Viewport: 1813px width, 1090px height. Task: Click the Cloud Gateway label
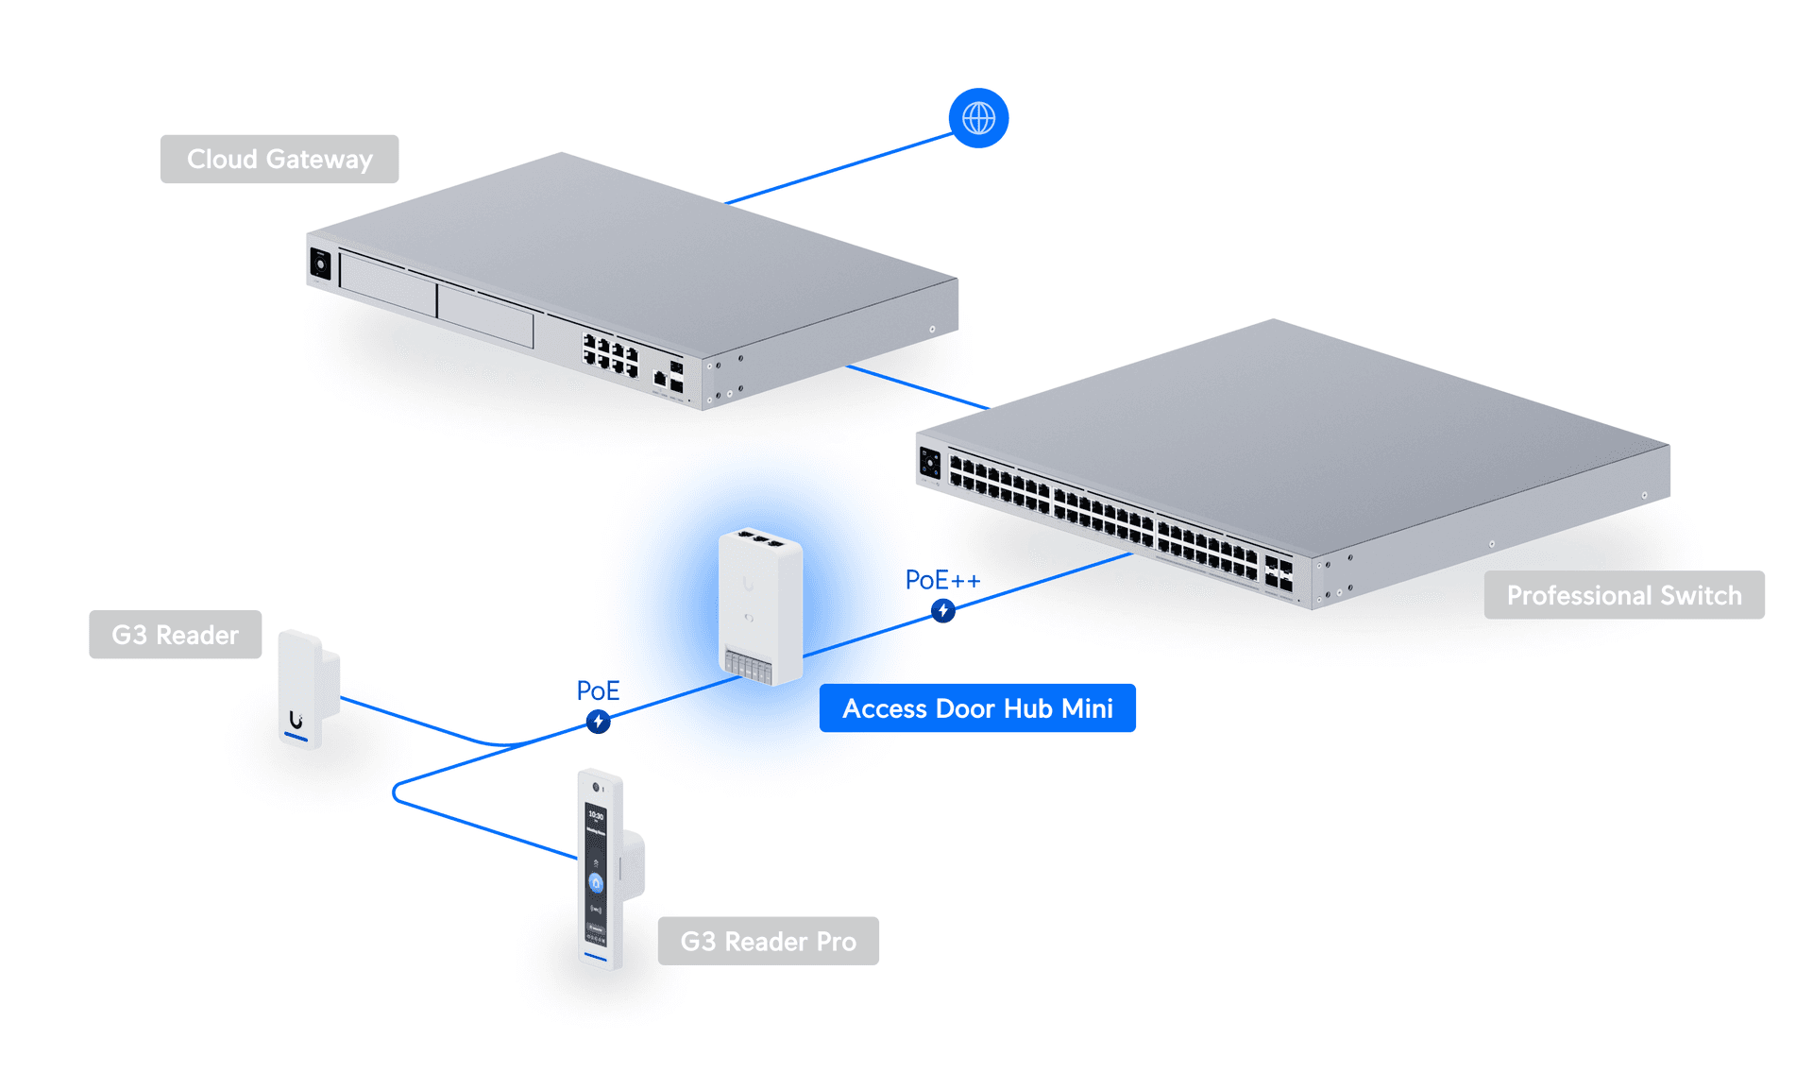[x=280, y=159]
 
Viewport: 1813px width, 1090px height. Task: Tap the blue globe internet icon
[x=978, y=118]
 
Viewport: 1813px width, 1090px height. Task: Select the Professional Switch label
[x=1623, y=595]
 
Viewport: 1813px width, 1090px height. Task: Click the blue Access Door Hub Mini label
[x=977, y=708]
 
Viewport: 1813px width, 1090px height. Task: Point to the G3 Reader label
[x=175, y=635]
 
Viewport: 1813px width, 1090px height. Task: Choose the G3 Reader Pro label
[x=768, y=941]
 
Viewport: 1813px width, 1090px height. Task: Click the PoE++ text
[x=942, y=580]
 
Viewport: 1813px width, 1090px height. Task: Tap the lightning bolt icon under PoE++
[x=942, y=611]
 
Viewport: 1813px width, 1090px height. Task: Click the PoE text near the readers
[x=598, y=690]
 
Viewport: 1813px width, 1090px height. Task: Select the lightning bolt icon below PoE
[x=598, y=723]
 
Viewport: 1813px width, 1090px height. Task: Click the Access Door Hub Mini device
[x=760, y=605]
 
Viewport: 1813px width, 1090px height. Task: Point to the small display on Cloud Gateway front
[x=320, y=264]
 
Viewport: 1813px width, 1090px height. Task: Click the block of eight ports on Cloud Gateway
[x=610, y=355]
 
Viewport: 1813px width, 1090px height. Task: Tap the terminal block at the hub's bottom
[x=749, y=665]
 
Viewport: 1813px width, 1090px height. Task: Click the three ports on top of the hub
[x=759, y=540]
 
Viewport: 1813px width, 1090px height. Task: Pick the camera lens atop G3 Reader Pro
[x=596, y=787]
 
